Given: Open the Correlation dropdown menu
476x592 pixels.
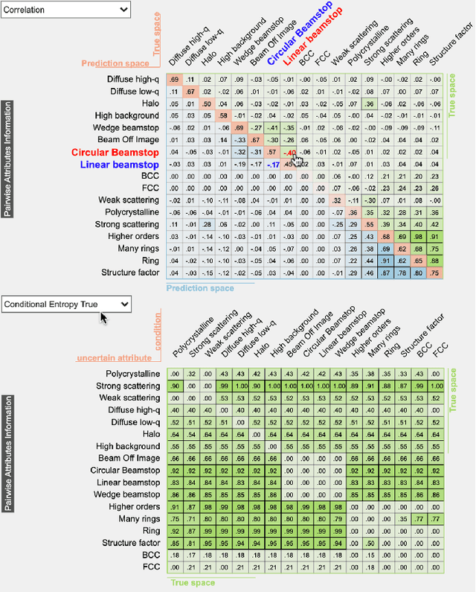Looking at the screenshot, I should pyautogui.click(x=66, y=10).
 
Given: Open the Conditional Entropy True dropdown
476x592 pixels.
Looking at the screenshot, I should pyautogui.click(x=66, y=304).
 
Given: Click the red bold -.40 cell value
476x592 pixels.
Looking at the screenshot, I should pyautogui.click(x=289, y=152).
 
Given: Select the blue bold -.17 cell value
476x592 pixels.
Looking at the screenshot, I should pyautogui.click(x=273, y=164).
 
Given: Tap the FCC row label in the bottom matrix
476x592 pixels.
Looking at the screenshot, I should pyautogui.click(x=150, y=567).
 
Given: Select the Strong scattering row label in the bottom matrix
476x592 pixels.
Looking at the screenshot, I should pyautogui.click(x=128, y=386).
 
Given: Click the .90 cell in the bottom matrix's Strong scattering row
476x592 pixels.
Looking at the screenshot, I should pyautogui.click(x=173, y=386).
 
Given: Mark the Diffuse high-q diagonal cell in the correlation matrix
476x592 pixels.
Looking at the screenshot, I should pyautogui.click(x=173, y=80).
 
